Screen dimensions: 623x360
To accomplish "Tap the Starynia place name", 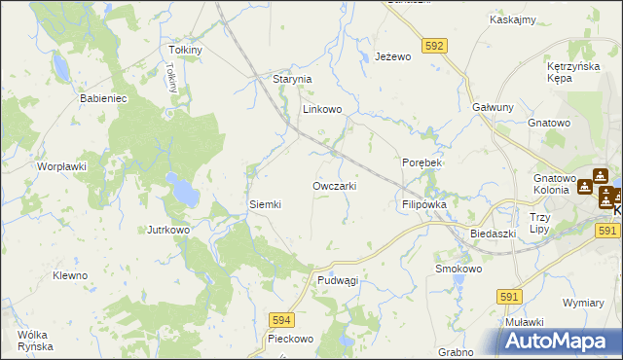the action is [x=291, y=79].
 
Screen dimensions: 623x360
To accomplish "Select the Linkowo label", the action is [x=322, y=110].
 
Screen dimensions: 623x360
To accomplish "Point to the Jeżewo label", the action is [x=394, y=57].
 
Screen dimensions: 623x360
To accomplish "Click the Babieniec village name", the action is [x=104, y=98].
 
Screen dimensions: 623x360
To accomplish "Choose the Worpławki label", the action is [x=62, y=166].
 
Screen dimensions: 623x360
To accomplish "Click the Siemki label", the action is [x=265, y=204].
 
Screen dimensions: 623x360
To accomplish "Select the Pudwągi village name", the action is [x=338, y=279].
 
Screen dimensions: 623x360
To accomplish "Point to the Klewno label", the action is [x=70, y=275].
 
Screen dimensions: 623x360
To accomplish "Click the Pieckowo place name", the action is [x=290, y=339].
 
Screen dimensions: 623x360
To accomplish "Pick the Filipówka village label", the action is [x=423, y=205].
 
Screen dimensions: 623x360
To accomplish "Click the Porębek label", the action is [x=421, y=162].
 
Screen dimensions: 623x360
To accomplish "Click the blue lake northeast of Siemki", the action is [x=181, y=190].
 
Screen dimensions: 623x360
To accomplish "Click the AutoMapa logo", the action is [x=560, y=342].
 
